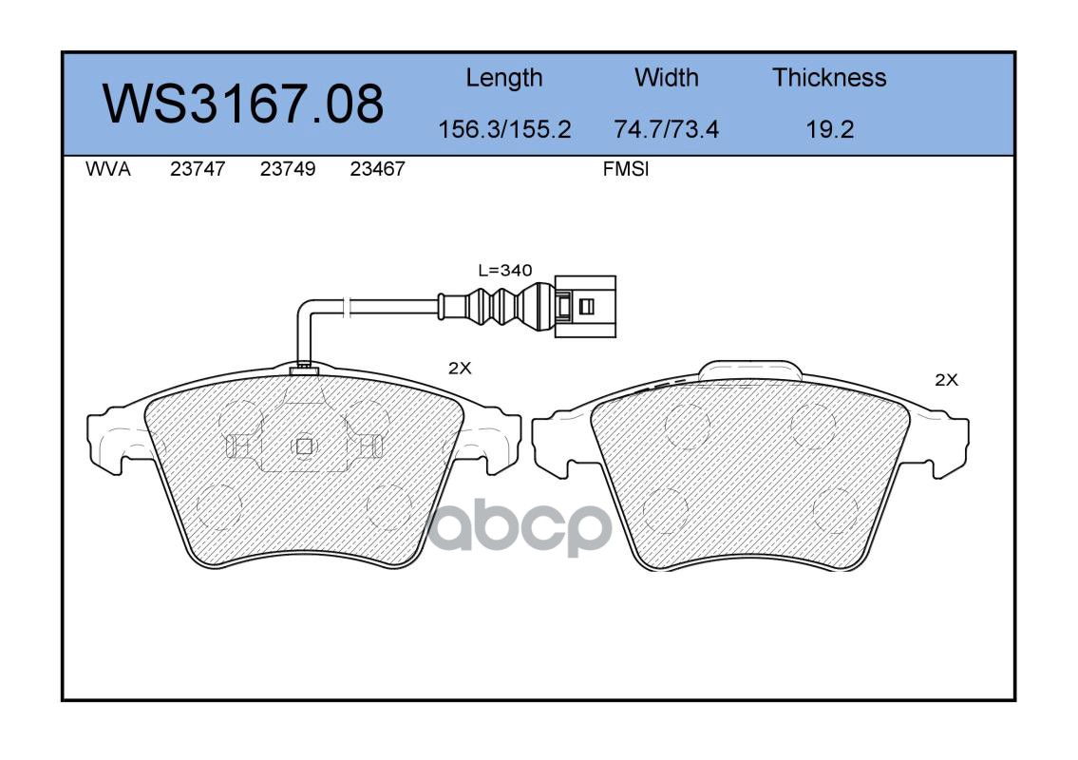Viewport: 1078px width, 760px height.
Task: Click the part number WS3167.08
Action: coord(243,104)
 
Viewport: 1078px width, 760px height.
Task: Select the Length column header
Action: coord(504,79)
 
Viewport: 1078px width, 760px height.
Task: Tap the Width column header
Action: coord(666,77)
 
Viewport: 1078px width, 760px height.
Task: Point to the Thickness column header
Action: coord(829,77)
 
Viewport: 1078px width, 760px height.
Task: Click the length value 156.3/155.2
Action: coord(504,129)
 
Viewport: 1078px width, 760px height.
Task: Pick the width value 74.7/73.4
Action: coord(666,129)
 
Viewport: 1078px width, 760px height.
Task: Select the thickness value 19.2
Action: coord(830,129)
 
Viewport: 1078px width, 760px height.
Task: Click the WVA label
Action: coord(108,169)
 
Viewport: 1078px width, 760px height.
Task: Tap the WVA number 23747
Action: coord(198,169)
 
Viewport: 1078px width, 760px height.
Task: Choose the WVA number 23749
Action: coord(288,169)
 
